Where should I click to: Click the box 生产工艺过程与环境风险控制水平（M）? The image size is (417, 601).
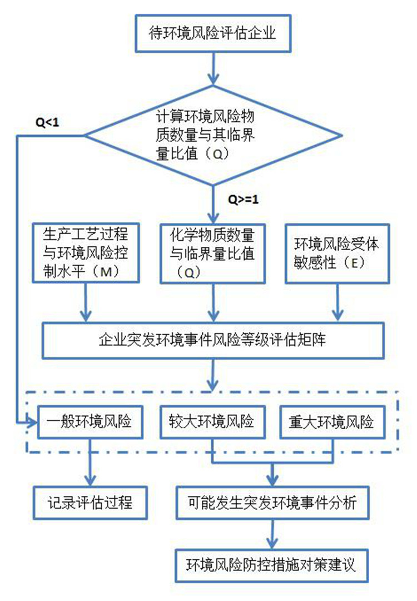pyautogui.click(x=85, y=253)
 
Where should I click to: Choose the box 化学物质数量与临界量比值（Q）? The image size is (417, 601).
pyautogui.click(x=214, y=253)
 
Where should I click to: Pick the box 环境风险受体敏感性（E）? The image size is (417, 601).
pyautogui.click(x=337, y=253)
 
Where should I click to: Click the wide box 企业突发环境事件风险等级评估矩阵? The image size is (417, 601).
pyautogui.click(x=214, y=340)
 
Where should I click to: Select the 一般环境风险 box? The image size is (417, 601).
pyautogui.click(x=85, y=422)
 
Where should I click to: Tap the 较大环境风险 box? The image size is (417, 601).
pyautogui.click(x=214, y=422)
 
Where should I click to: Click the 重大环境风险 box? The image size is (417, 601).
pyautogui.click(x=332, y=422)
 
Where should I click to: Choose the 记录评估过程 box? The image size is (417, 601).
pyautogui.click(x=90, y=503)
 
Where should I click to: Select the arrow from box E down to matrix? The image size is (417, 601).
pyautogui.click(x=337, y=303)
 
